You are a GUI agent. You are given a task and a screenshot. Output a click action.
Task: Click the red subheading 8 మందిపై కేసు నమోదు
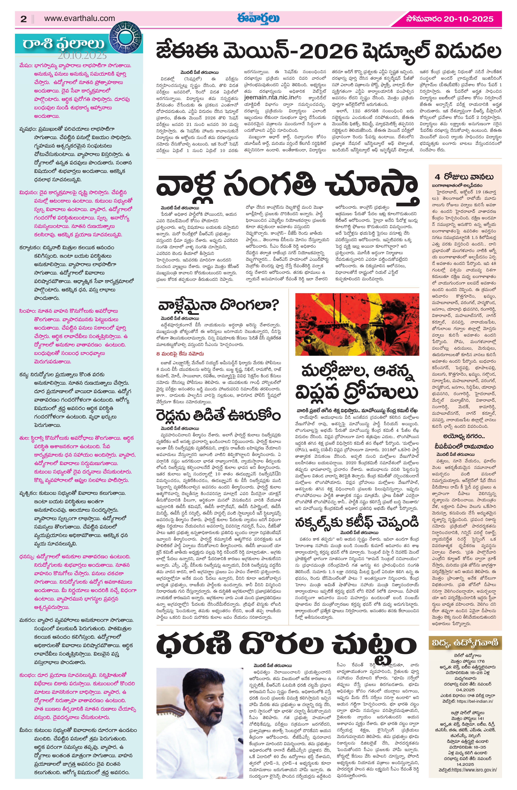pos(180,354)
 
